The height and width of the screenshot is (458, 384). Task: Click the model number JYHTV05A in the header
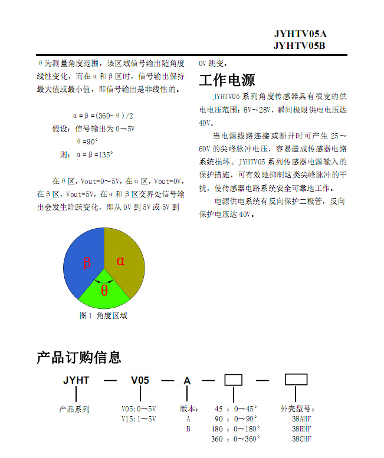click(300, 34)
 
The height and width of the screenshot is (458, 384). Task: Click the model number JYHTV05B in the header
click(300, 45)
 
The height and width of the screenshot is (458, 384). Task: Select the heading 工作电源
click(227, 80)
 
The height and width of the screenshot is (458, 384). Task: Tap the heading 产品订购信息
click(79, 357)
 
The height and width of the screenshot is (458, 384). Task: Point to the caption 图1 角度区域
click(103, 315)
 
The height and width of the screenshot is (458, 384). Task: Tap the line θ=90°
click(87, 141)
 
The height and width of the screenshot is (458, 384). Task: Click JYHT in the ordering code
click(76, 381)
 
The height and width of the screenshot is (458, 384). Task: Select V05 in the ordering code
click(140, 381)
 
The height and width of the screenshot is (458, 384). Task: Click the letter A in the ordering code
click(187, 381)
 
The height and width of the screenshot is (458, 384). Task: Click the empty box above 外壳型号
click(296, 379)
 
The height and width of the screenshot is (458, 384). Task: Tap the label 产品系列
click(74, 409)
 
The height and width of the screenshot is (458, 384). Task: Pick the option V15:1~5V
click(139, 419)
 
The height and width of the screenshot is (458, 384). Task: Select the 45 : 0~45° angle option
click(235, 409)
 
